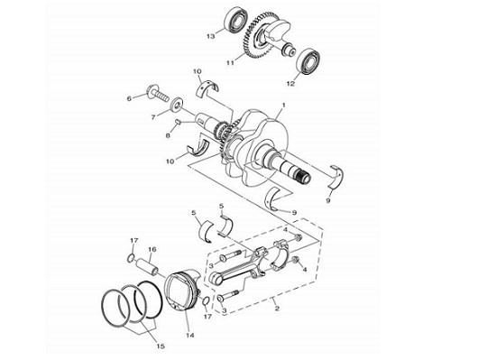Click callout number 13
209,37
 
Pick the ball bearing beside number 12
311,60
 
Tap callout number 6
130,98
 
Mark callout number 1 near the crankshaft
284,106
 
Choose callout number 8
166,135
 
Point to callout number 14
189,335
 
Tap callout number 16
152,250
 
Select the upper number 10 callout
198,70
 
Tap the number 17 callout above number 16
133,239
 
